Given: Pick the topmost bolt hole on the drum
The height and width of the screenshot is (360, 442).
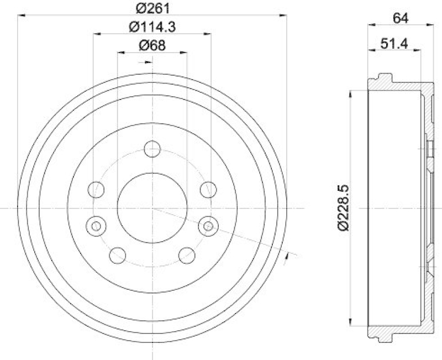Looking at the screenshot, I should pyautogui.click(x=152, y=149).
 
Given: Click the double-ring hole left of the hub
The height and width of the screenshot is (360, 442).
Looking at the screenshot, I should pyautogui.click(x=97, y=226).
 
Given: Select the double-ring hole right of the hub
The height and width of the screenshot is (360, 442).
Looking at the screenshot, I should pyautogui.click(x=208, y=226).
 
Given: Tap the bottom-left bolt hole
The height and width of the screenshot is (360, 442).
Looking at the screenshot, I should pyautogui.click(x=118, y=255).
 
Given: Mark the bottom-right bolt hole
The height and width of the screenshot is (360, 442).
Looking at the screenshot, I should pyautogui.click(x=187, y=255).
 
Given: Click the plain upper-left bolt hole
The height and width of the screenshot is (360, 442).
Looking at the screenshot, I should pyautogui.click(x=96, y=189).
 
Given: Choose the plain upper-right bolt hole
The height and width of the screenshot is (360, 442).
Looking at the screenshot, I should pyautogui.click(x=208, y=189).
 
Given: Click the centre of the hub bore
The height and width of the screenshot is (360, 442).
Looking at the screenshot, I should pyautogui.click(x=152, y=208).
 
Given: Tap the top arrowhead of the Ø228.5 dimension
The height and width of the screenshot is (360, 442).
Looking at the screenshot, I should pyautogui.click(x=349, y=93).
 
